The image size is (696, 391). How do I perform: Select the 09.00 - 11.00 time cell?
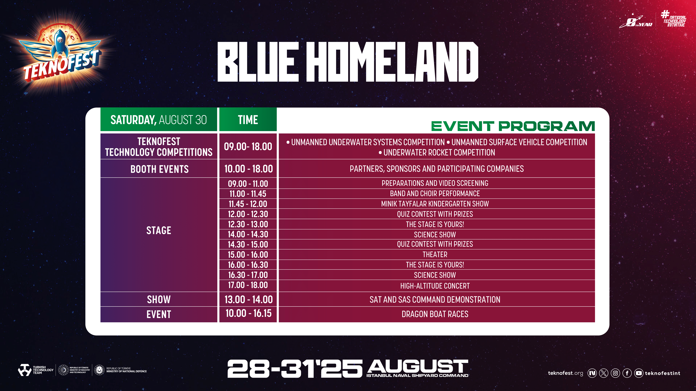[248, 184]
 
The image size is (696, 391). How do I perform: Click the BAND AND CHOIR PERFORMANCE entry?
[435, 193]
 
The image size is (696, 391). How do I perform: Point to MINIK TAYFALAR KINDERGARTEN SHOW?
[435, 204]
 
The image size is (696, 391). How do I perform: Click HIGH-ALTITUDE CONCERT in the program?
[435, 286]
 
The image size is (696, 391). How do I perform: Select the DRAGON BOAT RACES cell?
[435, 314]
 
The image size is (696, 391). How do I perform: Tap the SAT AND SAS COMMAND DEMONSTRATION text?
[435, 300]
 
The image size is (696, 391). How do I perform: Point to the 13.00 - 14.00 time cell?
[248, 300]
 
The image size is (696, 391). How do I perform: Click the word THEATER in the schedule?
[435, 254]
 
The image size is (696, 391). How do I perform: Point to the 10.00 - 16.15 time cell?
[248, 313]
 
